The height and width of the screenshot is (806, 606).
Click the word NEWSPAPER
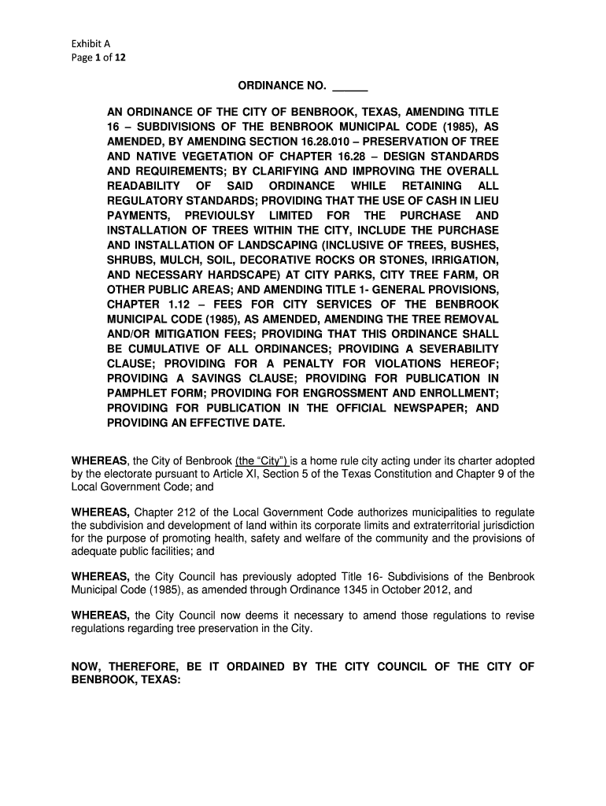click(424, 408)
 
